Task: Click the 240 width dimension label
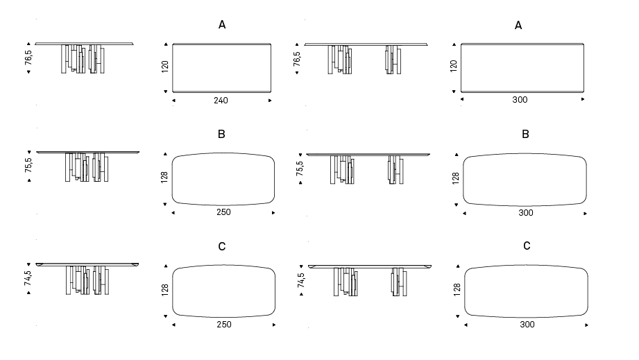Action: click(x=221, y=101)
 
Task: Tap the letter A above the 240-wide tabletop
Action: click(x=222, y=25)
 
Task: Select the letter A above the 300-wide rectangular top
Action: click(x=518, y=25)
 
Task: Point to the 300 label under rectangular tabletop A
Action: click(x=520, y=100)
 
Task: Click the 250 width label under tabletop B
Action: click(x=223, y=212)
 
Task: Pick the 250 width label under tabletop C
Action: click(x=224, y=325)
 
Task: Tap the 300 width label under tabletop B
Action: click(x=526, y=212)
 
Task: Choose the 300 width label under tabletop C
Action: click(x=527, y=325)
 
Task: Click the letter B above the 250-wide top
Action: click(x=222, y=134)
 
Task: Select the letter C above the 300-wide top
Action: click(x=527, y=246)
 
